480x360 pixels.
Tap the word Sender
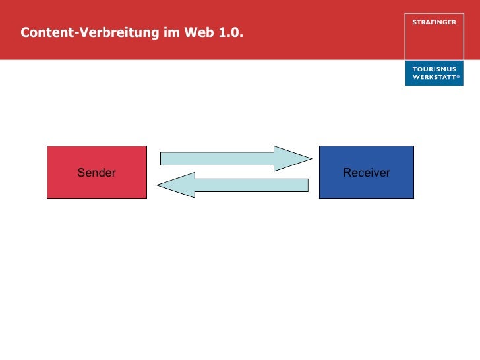[96, 173]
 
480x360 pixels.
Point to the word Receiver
[367, 173]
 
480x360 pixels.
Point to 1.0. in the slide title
[229, 32]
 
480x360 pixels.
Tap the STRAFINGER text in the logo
[433, 22]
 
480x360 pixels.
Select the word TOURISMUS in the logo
[434, 69]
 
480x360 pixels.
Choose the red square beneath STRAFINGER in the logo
[433, 43]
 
